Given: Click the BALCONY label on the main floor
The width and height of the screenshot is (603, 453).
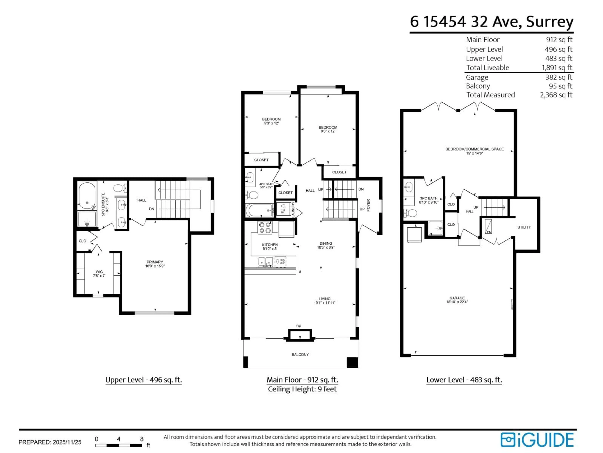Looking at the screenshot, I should pos(300,354).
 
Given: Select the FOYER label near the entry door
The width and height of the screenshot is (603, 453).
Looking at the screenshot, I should pos(368,205).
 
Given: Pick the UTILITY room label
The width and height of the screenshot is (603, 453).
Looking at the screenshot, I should pos(524,227).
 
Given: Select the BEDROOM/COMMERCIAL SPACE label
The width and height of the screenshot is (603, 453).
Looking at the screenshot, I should pos(474,149).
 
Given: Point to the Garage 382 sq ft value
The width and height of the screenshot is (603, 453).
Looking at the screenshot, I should pos(559,77).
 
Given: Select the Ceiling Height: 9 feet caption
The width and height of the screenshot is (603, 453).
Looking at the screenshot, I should pos(302,389).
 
